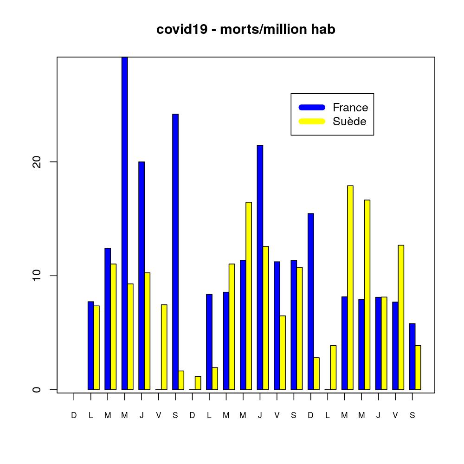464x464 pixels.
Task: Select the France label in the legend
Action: pos(350,108)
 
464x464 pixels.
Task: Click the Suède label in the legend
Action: pos(349,122)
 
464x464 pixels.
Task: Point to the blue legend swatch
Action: pos(312,108)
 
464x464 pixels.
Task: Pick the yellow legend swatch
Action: pos(312,122)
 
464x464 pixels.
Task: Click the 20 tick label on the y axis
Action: pos(37,162)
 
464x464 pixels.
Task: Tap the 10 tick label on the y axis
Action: pos(37,276)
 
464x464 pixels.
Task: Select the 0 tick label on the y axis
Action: pos(37,390)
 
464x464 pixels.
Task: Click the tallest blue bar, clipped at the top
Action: pos(124,223)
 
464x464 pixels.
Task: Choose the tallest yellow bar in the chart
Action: pos(350,288)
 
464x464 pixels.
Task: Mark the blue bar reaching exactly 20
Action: pos(142,276)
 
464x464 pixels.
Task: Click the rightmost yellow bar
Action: pos(418,367)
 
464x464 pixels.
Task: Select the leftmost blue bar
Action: pos(90,346)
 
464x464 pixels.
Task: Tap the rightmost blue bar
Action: pos(412,356)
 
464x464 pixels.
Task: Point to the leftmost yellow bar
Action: pos(97,348)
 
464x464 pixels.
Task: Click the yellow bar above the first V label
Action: pos(164,347)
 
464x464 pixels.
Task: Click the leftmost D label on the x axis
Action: pos(74,416)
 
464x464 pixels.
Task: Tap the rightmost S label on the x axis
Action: pos(412,416)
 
